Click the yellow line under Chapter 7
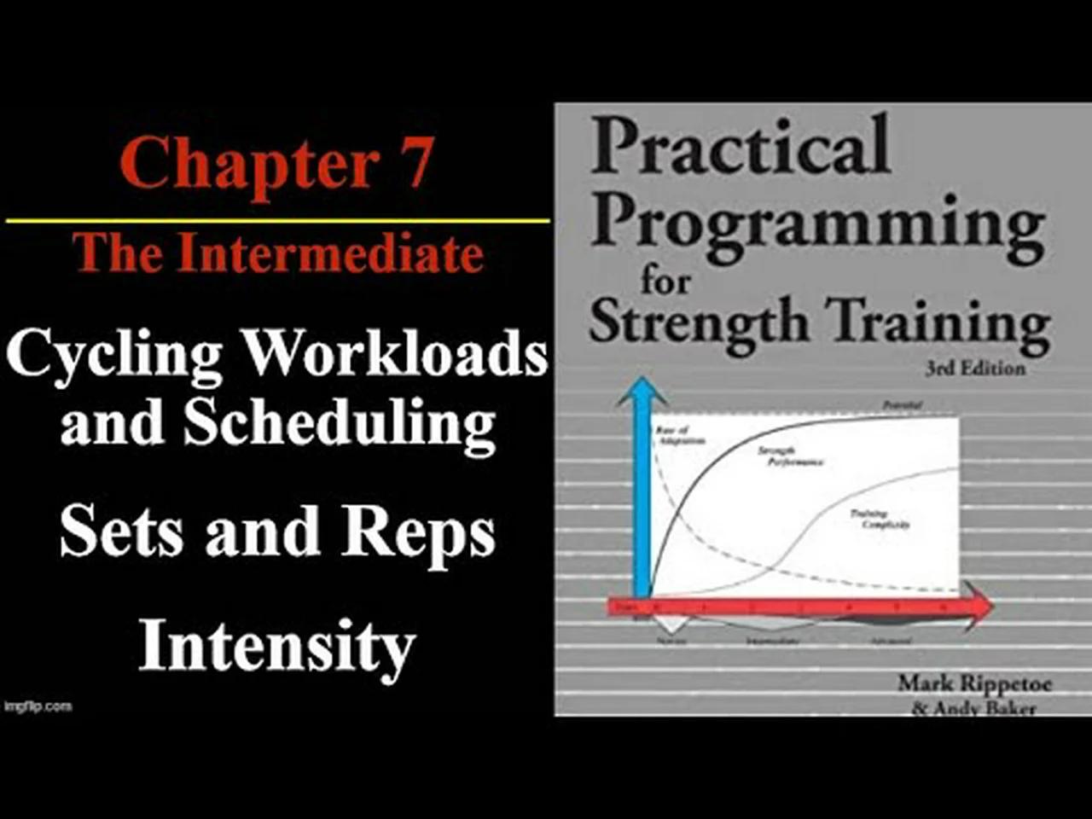(277, 221)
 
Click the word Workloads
(394, 351)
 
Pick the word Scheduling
(339, 424)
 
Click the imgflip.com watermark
(38, 706)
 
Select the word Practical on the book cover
(741, 147)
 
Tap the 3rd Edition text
(975, 368)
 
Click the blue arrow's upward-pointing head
(642, 393)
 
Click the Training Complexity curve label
(878, 519)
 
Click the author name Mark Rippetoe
(974, 683)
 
